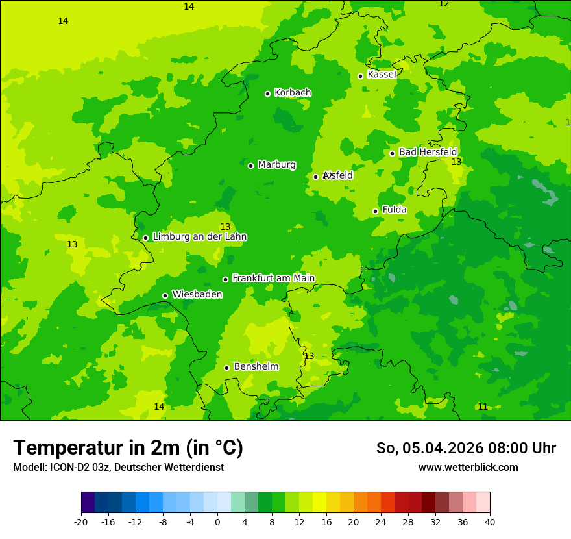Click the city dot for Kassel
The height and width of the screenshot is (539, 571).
pos(360,76)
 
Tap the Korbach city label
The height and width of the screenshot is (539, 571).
pos(293,93)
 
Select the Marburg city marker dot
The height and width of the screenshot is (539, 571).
pos(250,166)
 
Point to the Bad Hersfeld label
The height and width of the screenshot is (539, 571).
pos(428,152)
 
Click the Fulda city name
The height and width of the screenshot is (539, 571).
pos(394,210)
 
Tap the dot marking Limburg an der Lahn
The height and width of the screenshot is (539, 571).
pos(145,238)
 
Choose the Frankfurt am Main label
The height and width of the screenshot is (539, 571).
pos(273,278)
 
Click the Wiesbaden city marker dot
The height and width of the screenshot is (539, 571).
pos(165,295)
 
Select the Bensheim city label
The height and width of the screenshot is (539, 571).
pos(256,366)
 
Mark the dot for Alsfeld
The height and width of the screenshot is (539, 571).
pos(315,177)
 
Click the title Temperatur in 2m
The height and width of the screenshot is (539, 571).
pos(128,448)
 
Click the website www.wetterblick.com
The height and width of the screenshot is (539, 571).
pos(468,468)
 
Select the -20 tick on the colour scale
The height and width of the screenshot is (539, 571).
pos(81,521)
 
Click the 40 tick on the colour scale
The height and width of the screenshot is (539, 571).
pos(490,521)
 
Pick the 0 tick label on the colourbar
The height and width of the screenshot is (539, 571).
pos(217,521)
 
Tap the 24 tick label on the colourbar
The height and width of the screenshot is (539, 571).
pos(381,521)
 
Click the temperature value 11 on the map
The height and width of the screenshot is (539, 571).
pos(482,407)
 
